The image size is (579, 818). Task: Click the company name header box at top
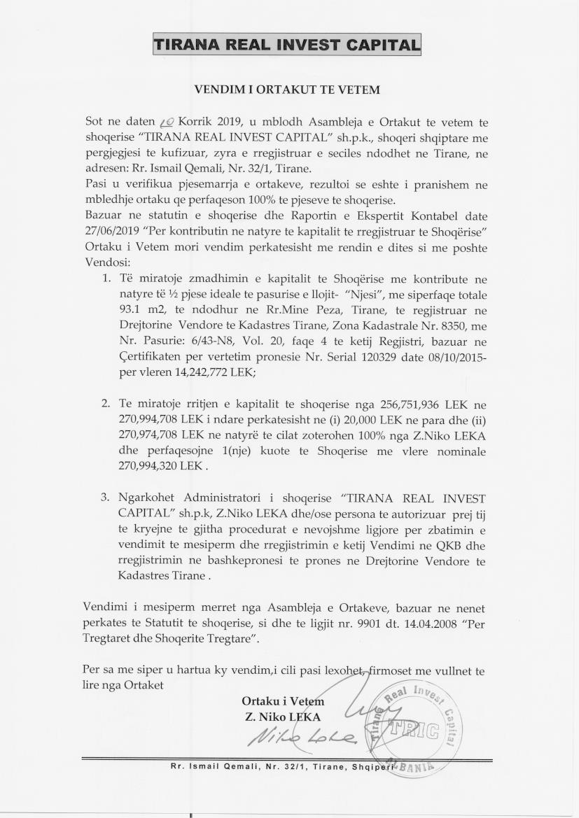point(287,44)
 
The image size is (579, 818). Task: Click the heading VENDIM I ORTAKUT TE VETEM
point(286,90)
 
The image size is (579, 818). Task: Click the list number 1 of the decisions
point(106,278)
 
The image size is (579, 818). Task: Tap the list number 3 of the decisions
point(106,498)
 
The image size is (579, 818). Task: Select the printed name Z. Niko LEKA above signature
point(283,717)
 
